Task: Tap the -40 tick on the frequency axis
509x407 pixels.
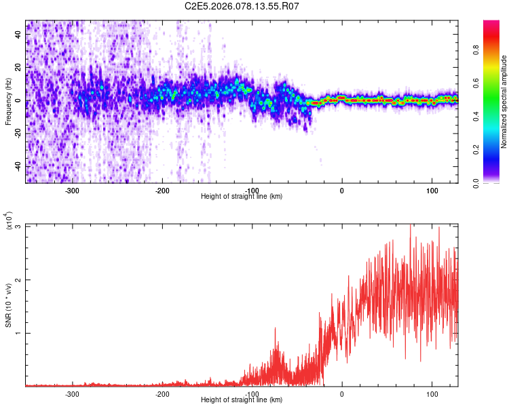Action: pyautogui.click(x=18, y=166)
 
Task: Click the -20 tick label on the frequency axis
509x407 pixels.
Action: pyautogui.click(x=18, y=133)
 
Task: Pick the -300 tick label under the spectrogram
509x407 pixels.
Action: pyautogui.click(x=72, y=191)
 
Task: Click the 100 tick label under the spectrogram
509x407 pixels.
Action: pyautogui.click(x=432, y=191)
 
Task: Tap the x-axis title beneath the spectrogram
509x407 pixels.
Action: pyautogui.click(x=242, y=197)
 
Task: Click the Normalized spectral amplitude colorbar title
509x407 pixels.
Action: pyautogui.click(x=504, y=102)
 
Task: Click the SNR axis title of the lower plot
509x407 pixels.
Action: pyautogui.click(x=8, y=305)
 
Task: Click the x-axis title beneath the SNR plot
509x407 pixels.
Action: pyautogui.click(x=242, y=400)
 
